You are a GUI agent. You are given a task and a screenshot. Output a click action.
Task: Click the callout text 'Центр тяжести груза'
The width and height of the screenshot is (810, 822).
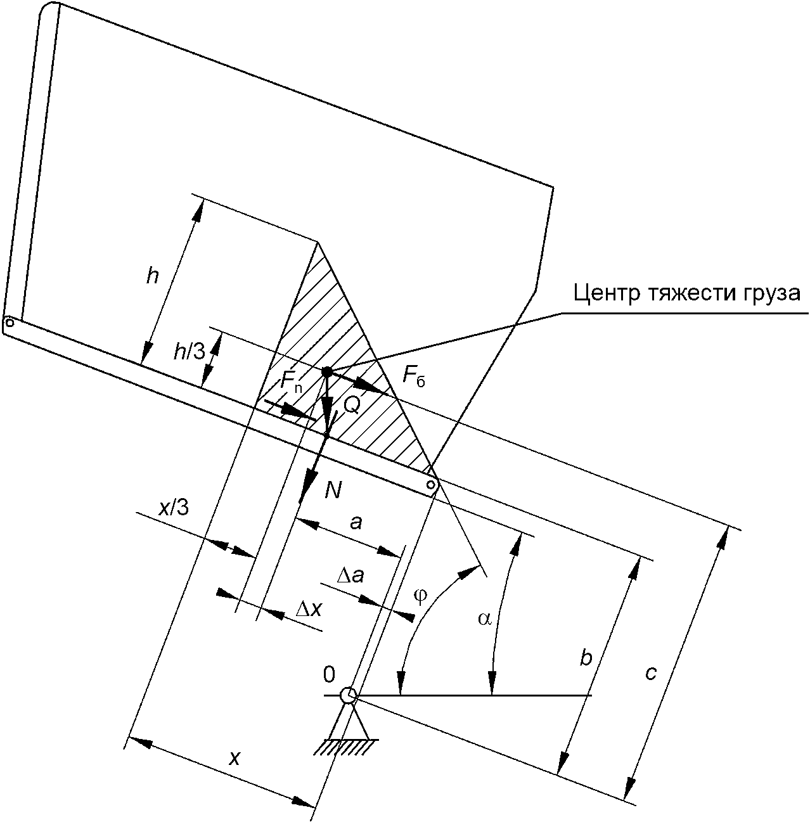(x=686, y=294)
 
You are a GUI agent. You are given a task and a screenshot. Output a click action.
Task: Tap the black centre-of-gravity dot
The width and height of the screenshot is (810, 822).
(x=327, y=371)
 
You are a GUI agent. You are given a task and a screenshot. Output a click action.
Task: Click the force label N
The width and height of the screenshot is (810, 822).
(x=333, y=491)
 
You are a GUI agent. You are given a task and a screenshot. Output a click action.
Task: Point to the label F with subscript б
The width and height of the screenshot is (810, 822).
(x=415, y=376)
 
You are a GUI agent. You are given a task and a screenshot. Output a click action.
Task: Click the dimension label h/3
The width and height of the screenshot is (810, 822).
(x=190, y=352)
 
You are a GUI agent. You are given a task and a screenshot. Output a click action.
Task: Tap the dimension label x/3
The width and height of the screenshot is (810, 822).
(x=173, y=508)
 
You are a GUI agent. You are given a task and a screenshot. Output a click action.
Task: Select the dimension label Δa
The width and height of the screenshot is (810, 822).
(x=350, y=576)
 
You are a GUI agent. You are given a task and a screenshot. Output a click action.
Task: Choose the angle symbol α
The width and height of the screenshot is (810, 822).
(x=485, y=619)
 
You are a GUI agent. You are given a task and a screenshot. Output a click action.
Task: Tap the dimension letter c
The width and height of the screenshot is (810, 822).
(x=651, y=674)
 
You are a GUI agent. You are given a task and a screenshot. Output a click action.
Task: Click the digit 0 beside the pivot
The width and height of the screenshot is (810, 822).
(x=329, y=675)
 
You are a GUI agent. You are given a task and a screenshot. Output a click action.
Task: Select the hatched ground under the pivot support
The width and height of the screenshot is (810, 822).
(x=345, y=747)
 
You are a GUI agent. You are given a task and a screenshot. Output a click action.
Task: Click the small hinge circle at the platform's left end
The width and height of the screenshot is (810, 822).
(x=10, y=323)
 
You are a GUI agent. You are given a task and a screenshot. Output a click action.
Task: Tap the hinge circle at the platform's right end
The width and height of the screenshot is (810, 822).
(x=432, y=484)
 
